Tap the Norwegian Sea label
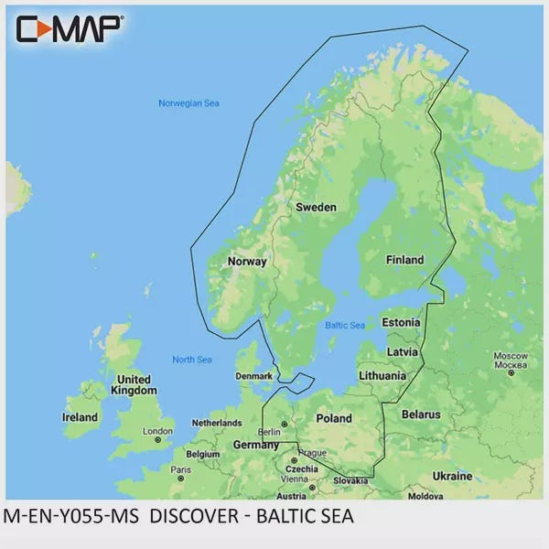click(189, 103)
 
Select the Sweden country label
click(316, 208)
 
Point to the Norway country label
click(246, 262)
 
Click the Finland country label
click(404, 260)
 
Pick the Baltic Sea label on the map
click(345, 325)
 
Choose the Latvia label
click(404, 352)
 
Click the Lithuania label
click(382, 375)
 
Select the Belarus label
click(422, 414)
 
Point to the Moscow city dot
click(511, 372)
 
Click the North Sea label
click(192, 360)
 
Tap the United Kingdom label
click(134, 384)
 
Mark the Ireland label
click(80, 417)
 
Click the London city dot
click(158, 440)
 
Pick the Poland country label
click(333, 418)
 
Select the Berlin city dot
click(284, 424)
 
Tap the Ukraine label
click(452, 477)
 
